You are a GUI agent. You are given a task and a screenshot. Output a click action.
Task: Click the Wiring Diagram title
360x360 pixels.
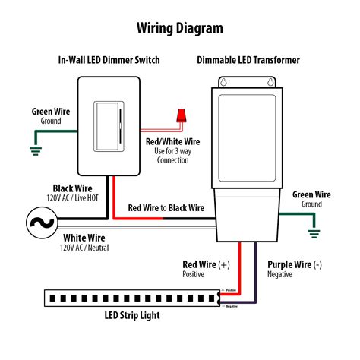point(180,28)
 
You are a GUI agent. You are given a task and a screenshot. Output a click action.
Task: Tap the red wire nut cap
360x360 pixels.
point(181,116)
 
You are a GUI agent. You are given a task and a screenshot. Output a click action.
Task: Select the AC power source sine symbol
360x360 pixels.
point(36,221)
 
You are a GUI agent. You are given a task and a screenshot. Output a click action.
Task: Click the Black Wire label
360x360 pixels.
point(73,188)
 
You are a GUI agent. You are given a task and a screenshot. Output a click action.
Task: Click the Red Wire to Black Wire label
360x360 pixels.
point(166,207)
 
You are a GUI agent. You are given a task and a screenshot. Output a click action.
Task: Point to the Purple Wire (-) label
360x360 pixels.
point(295,264)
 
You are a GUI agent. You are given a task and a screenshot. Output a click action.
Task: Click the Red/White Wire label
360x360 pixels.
point(172,142)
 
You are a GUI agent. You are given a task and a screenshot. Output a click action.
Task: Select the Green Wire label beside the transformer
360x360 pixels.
point(311,194)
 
